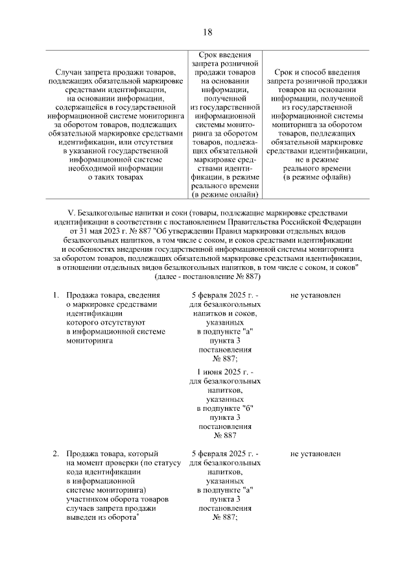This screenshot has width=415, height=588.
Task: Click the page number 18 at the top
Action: point(207,32)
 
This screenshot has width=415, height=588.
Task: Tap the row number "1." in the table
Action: point(56,295)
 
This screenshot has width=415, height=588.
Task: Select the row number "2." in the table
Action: point(56,454)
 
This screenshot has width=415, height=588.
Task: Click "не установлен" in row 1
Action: point(316,295)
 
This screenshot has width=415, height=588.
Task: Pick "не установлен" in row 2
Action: point(316,454)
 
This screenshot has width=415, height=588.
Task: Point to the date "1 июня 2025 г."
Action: point(225,372)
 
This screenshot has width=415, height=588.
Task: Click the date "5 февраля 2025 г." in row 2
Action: point(225,454)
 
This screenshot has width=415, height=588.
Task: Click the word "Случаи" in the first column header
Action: point(70,70)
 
